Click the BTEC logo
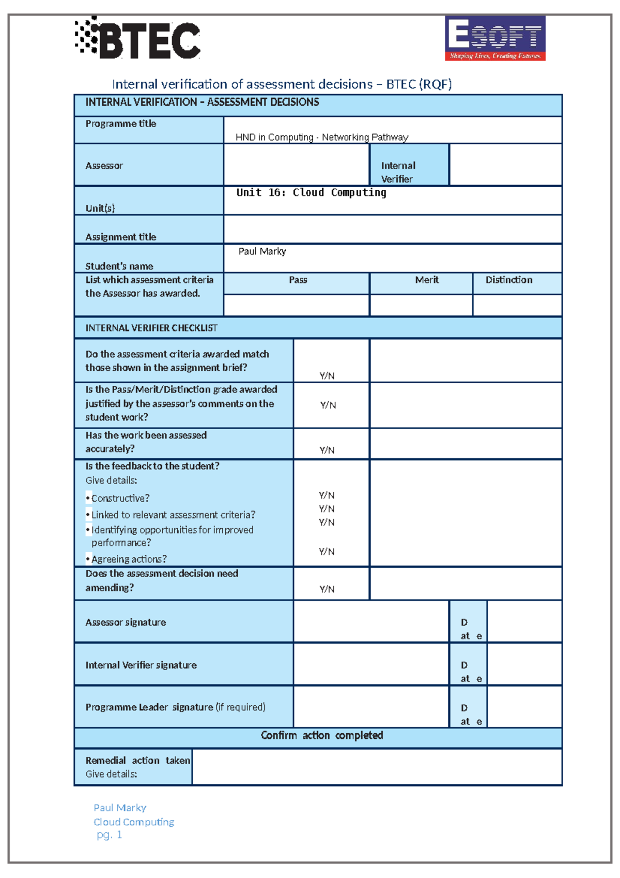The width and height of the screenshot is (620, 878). [x=138, y=39]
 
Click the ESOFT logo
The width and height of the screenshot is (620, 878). [x=495, y=38]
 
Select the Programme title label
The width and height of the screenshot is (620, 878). [x=121, y=124]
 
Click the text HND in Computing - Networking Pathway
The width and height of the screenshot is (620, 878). [x=321, y=137]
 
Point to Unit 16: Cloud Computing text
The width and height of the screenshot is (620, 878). [x=311, y=192]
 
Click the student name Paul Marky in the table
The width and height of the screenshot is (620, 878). [x=262, y=251]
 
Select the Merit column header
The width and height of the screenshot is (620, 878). [x=427, y=280]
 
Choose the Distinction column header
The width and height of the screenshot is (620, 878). [x=508, y=280]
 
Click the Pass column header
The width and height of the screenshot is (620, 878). [x=298, y=280]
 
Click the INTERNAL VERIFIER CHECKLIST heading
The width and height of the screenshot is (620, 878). [x=151, y=328]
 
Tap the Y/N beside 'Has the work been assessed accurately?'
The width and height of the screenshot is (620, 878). [x=327, y=450]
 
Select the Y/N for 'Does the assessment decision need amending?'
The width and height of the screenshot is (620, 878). [x=327, y=589]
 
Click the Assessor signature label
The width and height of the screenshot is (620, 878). [x=126, y=622]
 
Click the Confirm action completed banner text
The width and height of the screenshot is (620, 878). [x=321, y=735]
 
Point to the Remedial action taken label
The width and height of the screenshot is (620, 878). [x=137, y=761]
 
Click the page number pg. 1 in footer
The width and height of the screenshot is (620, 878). [x=109, y=835]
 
